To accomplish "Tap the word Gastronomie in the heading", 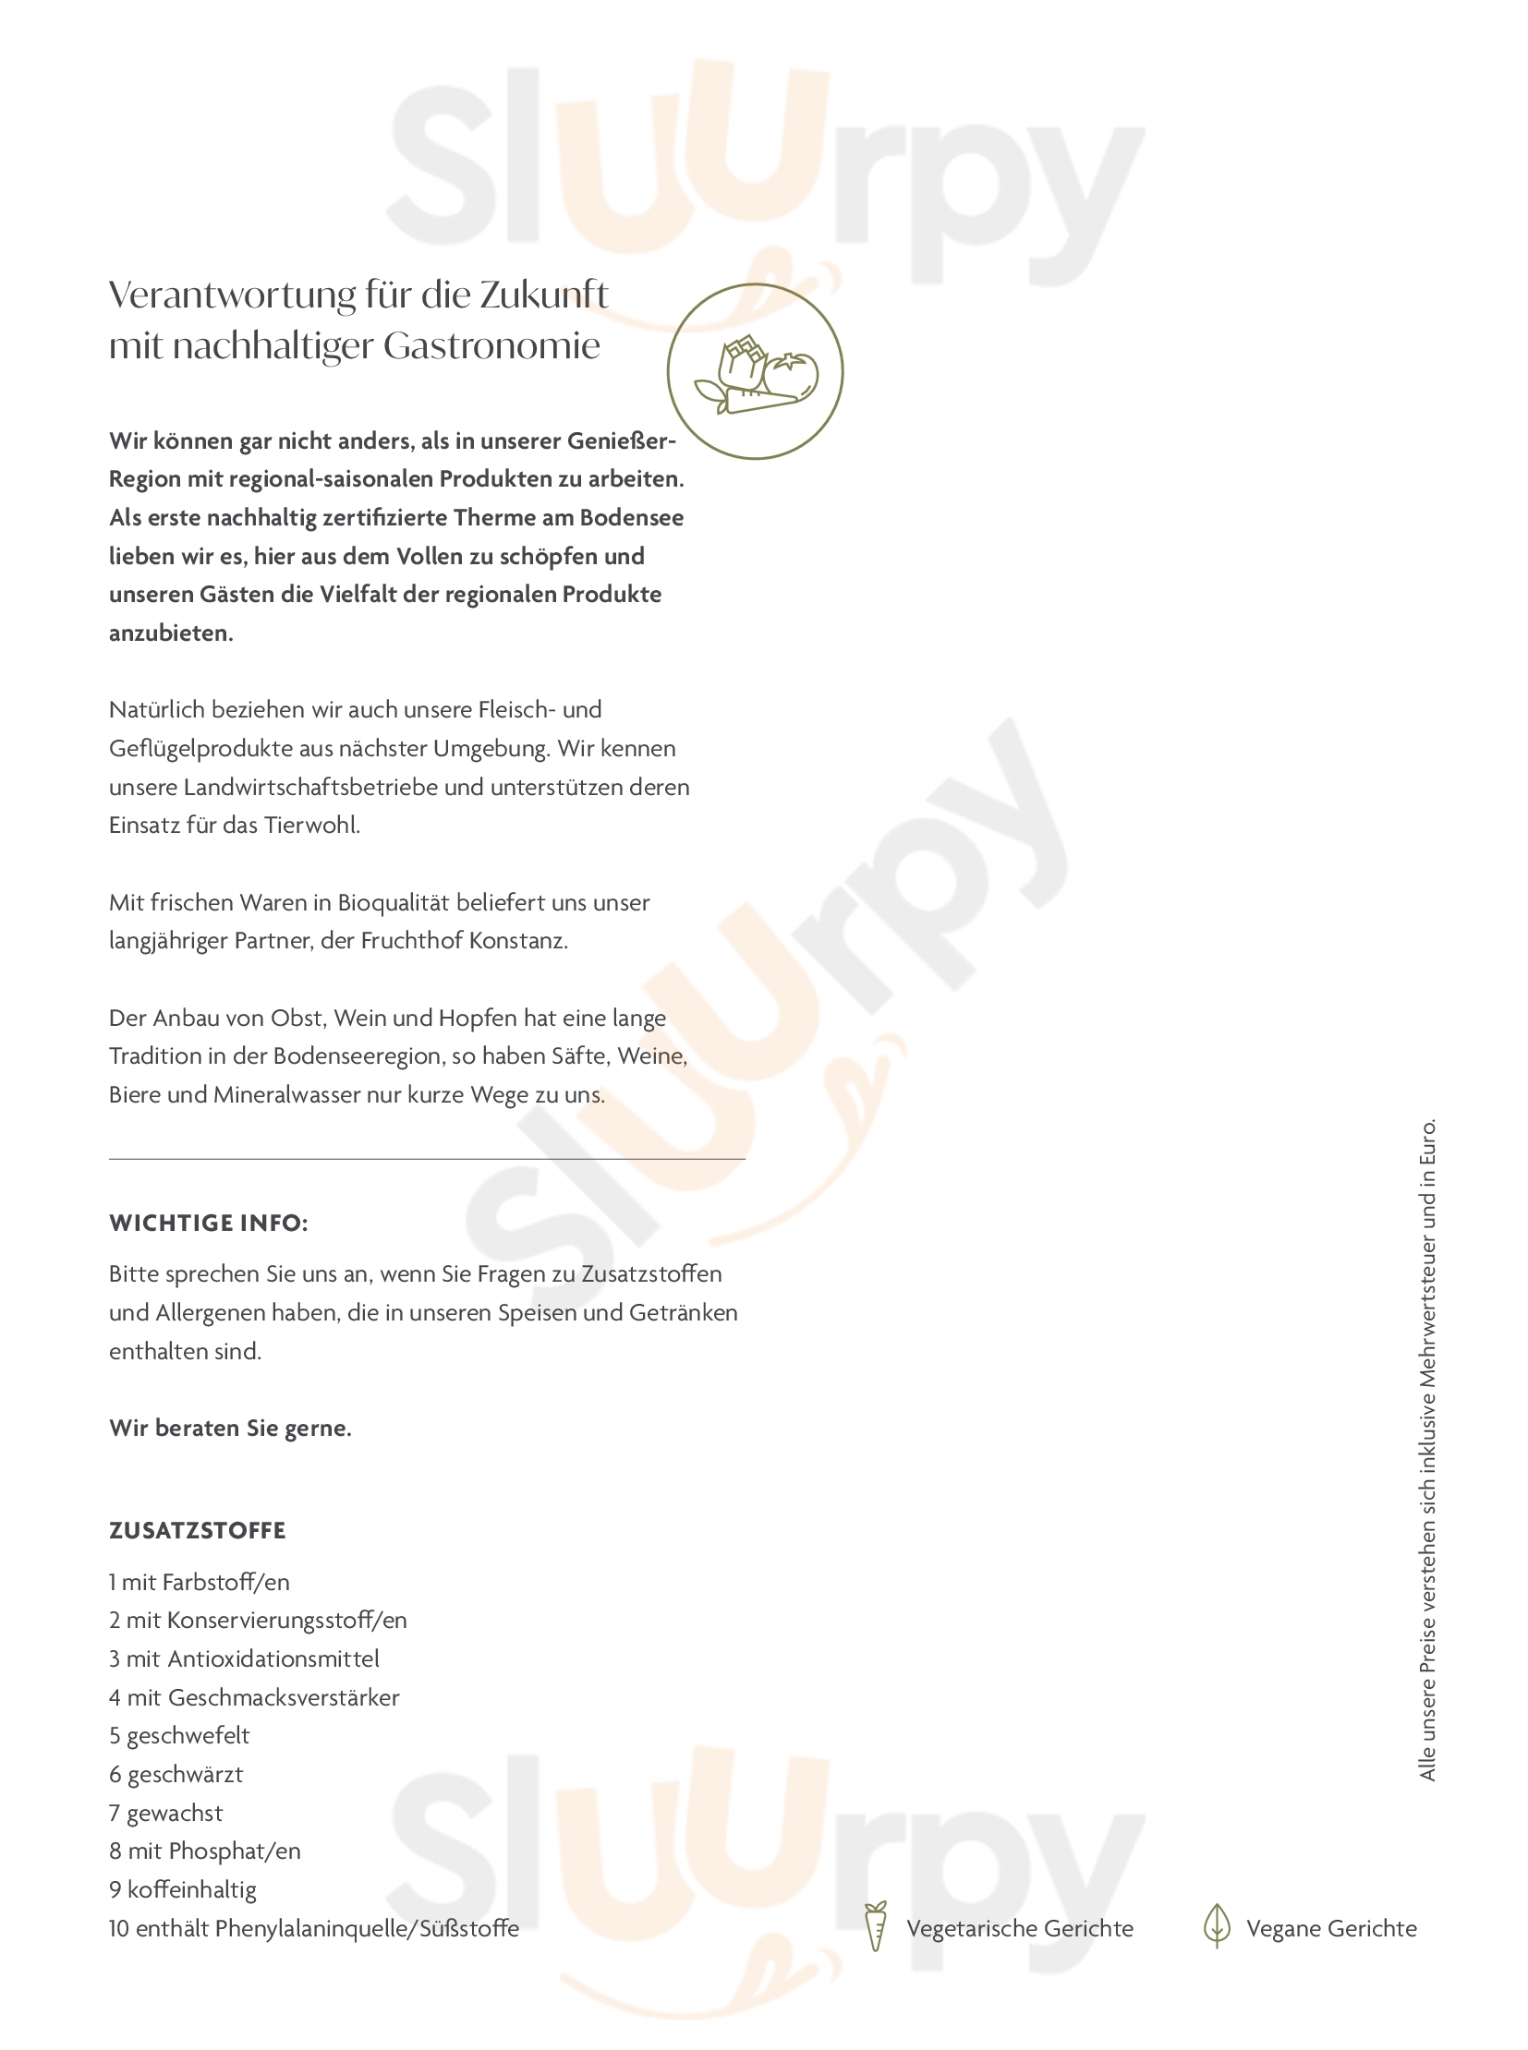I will click(491, 346).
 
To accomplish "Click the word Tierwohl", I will click(310, 825).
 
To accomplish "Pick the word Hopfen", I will click(478, 1018).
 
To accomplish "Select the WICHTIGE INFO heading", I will click(208, 1224).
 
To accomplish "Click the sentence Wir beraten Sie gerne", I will click(230, 1428).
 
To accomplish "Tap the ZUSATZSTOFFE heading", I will click(197, 1530).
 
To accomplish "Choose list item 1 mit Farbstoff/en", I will click(199, 1582).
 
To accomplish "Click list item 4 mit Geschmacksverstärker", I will click(254, 1697).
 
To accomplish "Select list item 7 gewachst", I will click(165, 1814).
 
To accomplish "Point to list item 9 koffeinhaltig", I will click(182, 1890).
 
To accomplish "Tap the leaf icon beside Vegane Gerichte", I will click(1217, 1926).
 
